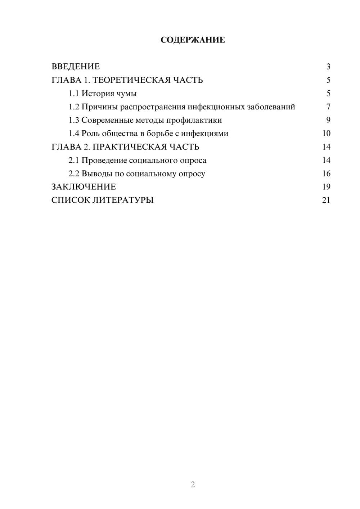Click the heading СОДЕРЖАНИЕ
(193, 40)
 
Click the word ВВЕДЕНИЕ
(76, 67)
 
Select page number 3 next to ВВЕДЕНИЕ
(328, 67)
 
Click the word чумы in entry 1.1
(127, 94)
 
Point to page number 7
(328, 107)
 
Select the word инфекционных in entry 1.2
(216, 107)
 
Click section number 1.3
(74, 120)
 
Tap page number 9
(328, 120)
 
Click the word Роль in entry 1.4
(90, 134)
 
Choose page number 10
(326, 134)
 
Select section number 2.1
(74, 160)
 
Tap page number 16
(326, 174)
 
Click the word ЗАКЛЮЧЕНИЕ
(84, 187)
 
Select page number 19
(326, 187)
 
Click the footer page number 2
(193, 485)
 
